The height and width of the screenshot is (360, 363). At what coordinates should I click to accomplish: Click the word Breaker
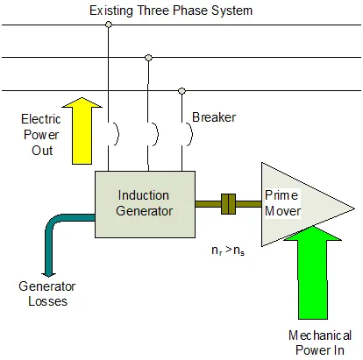[x=211, y=116]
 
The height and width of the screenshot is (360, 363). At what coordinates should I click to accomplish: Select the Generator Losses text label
[x=47, y=293]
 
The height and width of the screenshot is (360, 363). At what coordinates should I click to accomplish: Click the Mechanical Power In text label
[x=320, y=342]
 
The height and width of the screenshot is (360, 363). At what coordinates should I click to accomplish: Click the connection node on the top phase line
[x=109, y=25]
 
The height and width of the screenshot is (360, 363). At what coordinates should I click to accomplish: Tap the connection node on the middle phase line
[x=148, y=58]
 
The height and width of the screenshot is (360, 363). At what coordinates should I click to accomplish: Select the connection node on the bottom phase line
[x=182, y=90]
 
